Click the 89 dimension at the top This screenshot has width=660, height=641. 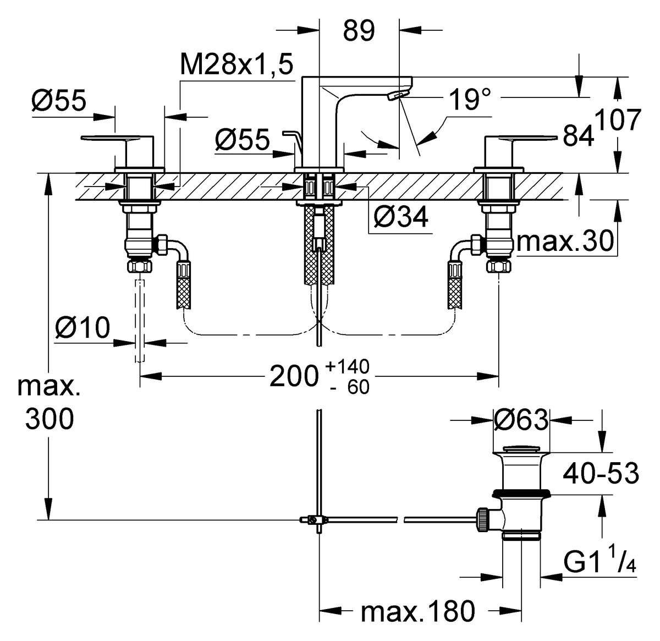[359, 31]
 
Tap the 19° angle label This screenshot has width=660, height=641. [469, 100]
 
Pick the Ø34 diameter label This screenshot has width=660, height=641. [400, 218]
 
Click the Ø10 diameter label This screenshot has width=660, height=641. [82, 328]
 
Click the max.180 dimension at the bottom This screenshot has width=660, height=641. [417, 611]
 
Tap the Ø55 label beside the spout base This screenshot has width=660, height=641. [243, 140]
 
